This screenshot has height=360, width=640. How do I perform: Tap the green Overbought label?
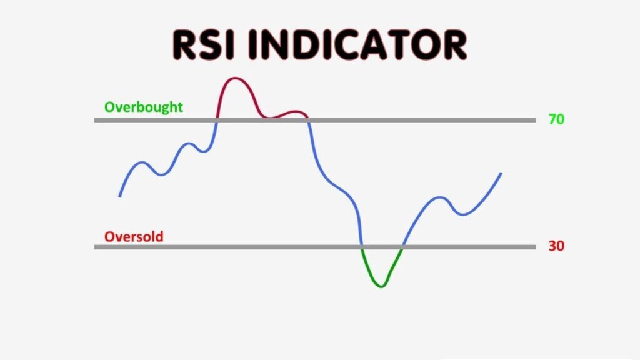(144, 107)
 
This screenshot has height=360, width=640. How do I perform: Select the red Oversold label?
(134, 237)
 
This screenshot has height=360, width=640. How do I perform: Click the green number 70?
(556, 119)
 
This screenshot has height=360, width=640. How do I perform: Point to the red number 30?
(556, 246)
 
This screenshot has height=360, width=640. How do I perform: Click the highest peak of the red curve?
(235, 79)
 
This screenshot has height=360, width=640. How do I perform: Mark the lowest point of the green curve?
(381, 286)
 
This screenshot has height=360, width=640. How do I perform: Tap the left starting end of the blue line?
(120, 196)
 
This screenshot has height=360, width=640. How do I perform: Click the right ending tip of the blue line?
(501, 173)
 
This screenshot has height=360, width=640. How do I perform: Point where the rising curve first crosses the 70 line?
(217, 119)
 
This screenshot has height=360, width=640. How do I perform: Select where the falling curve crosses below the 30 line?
(362, 247)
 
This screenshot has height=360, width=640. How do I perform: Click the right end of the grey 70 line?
(534, 119)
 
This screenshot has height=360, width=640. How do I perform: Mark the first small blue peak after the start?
(142, 162)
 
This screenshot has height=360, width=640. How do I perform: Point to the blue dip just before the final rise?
(463, 214)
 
